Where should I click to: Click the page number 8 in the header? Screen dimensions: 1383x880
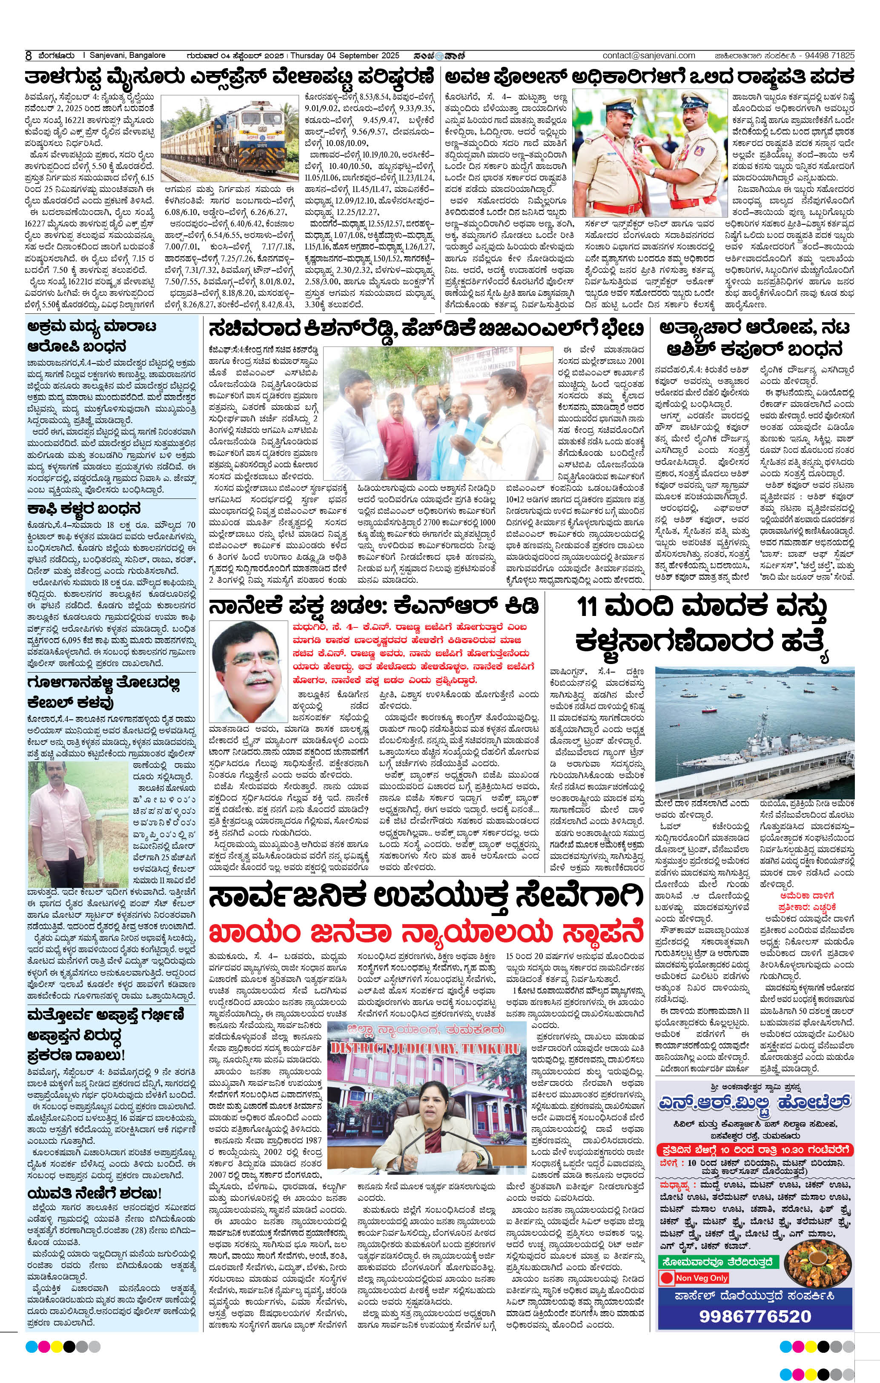point(28,56)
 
